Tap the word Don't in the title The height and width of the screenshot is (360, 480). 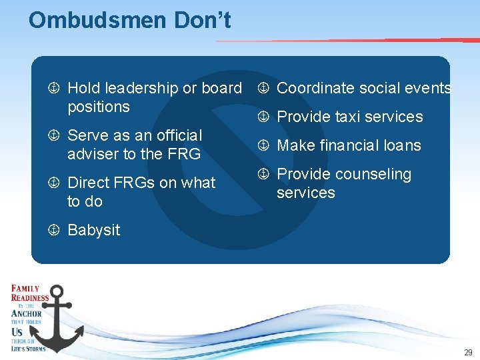click(x=203, y=20)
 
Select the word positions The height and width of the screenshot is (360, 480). click(x=99, y=107)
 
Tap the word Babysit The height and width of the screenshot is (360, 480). click(x=94, y=230)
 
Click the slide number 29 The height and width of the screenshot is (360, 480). click(x=468, y=353)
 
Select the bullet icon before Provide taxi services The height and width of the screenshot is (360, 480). click(x=264, y=117)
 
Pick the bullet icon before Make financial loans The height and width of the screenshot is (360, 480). click(x=264, y=145)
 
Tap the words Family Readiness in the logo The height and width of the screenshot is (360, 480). click(x=29, y=293)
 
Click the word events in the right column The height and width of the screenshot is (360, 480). click(x=429, y=88)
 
